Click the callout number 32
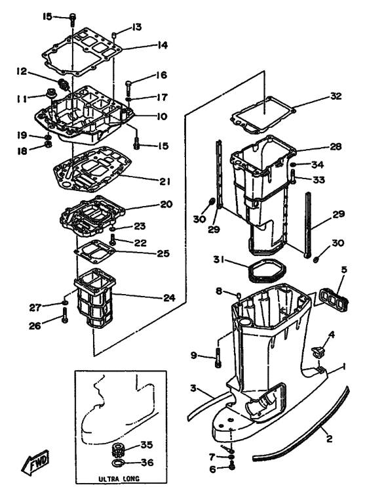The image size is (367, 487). [336, 96]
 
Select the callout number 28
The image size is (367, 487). [336, 146]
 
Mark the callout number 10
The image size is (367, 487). [161, 117]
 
